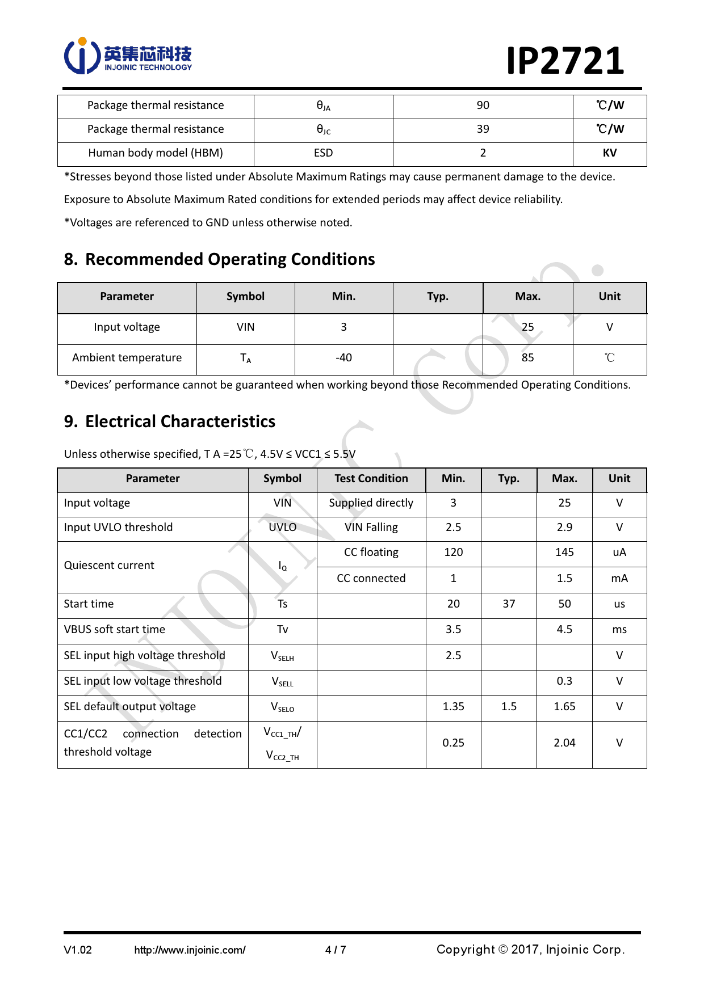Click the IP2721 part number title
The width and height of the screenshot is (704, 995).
tap(565, 61)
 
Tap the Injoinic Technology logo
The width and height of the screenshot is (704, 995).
tap(128, 56)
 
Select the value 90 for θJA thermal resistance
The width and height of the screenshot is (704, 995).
tap(483, 106)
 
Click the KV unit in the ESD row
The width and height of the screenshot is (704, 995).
tap(609, 153)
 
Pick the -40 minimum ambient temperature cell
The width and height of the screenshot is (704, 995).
tap(343, 358)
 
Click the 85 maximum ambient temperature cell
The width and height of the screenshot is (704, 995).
tap(527, 358)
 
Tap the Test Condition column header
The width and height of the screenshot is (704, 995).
tap(371, 479)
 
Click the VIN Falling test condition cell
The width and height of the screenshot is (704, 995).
tap(371, 528)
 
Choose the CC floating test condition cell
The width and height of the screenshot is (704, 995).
tap(371, 553)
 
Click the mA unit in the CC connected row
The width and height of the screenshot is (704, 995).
tap(619, 579)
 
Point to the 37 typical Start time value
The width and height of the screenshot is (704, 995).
tap(509, 604)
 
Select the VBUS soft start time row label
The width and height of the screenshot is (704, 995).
tap(115, 630)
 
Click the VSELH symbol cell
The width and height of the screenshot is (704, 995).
tap(282, 656)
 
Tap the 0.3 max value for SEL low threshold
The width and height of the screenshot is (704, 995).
tap(564, 681)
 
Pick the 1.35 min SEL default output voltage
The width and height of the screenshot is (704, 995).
tap(453, 707)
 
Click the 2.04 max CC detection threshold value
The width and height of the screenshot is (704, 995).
tap(564, 743)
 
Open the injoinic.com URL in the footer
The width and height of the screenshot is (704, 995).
tap(190, 950)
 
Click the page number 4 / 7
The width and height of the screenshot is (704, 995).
tap(336, 950)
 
